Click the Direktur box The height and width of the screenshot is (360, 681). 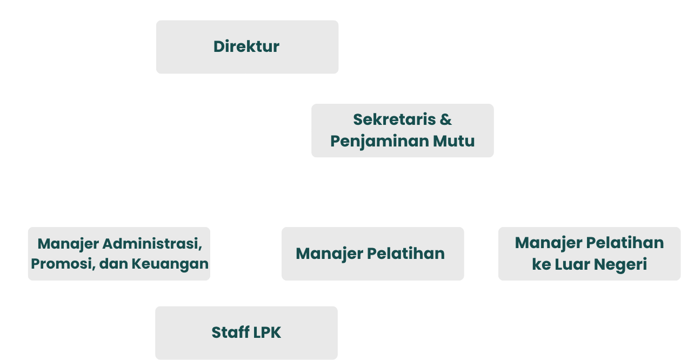(x=247, y=47)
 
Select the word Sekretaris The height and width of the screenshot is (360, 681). (x=395, y=119)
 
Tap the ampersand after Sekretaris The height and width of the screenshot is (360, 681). (x=446, y=119)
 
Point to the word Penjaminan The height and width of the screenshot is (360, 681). (x=379, y=142)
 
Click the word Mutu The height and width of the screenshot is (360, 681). (x=454, y=141)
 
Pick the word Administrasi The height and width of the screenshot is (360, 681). (x=152, y=244)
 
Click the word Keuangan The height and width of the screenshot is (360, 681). (x=170, y=264)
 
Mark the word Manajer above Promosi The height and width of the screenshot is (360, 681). (x=68, y=244)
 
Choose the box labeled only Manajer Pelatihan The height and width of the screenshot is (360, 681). (x=373, y=254)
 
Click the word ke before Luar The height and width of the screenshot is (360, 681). (x=542, y=264)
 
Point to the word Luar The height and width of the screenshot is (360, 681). (x=572, y=264)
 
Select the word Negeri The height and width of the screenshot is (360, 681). (x=620, y=264)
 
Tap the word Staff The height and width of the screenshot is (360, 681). (x=230, y=332)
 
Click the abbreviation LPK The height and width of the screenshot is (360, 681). (x=267, y=332)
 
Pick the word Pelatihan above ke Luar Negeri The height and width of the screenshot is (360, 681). (x=625, y=243)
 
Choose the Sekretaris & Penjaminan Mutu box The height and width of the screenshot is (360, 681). (x=403, y=130)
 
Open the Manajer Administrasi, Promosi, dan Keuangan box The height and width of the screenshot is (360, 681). (x=119, y=254)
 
